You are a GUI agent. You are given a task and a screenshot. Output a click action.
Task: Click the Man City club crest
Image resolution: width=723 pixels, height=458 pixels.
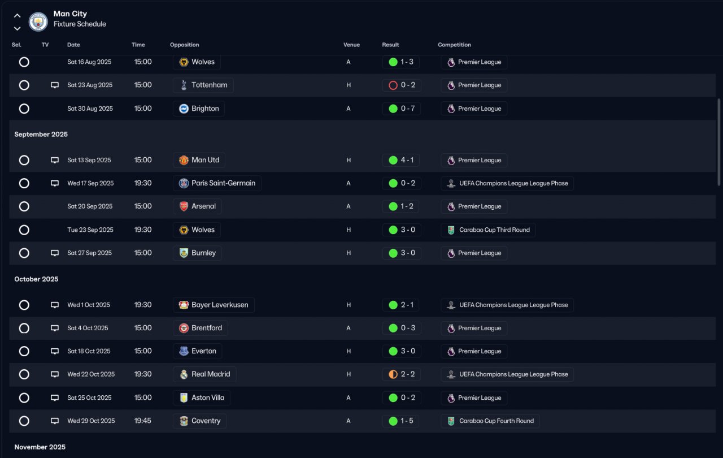(38, 21)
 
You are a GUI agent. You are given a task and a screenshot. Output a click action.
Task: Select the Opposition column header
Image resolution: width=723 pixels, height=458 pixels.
(184, 45)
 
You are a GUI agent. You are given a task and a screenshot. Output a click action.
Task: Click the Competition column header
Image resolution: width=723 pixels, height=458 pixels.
(454, 45)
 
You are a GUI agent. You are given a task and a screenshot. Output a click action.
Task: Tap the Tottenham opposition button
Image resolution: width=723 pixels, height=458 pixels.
(203, 85)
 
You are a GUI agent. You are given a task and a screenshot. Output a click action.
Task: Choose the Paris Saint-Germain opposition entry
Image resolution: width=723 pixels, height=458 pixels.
(217, 183)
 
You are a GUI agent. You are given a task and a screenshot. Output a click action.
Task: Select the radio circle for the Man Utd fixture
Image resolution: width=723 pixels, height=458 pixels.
(24, 160)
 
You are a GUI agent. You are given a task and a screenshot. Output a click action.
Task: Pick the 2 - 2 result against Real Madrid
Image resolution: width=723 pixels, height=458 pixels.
(401, 374)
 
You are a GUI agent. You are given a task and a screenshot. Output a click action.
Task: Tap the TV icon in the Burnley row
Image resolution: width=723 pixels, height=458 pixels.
(55, 253)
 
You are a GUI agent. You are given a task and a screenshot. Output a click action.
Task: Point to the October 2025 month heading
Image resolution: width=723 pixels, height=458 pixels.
(36, 279)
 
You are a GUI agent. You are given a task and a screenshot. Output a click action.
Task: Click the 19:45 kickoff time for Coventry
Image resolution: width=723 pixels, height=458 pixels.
(143, 421)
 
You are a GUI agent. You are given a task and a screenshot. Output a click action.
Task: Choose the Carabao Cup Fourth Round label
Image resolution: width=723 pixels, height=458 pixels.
(490, 421)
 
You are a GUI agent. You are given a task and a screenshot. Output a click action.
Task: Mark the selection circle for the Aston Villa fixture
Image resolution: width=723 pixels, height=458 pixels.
(24, 397)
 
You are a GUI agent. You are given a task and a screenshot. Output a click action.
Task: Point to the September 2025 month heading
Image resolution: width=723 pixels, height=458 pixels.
(41, 135)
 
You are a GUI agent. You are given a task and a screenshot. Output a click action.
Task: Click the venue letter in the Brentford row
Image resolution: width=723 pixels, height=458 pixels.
(349, 328)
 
